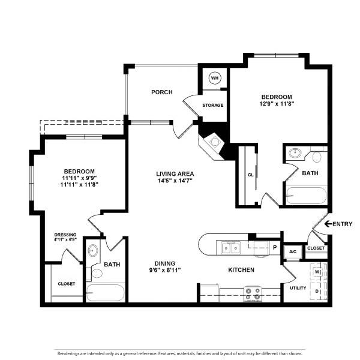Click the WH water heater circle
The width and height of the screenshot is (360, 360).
(215, 78)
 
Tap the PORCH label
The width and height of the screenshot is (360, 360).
(162, 92)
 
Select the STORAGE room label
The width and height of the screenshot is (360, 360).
(213, 105)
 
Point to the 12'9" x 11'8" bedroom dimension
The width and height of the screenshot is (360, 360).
(277, 104)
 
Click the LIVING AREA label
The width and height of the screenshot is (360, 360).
(175, 174)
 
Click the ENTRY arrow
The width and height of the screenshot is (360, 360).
(328, 224)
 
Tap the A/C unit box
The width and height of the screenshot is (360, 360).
(293, 252)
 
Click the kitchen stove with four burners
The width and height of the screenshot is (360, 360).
(253, 294)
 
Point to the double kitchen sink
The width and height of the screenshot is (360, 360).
(231, 248)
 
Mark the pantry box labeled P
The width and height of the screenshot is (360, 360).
(275, 248)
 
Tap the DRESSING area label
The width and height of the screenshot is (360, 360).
(65, 235)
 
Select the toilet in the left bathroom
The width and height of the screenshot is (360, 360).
(97, 274)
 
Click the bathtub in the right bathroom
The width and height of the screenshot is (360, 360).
(306, 196)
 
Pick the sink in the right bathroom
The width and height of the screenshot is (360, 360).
(295, 152)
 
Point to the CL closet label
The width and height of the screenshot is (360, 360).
(250, 175)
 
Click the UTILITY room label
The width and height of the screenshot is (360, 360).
(298, 288)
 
